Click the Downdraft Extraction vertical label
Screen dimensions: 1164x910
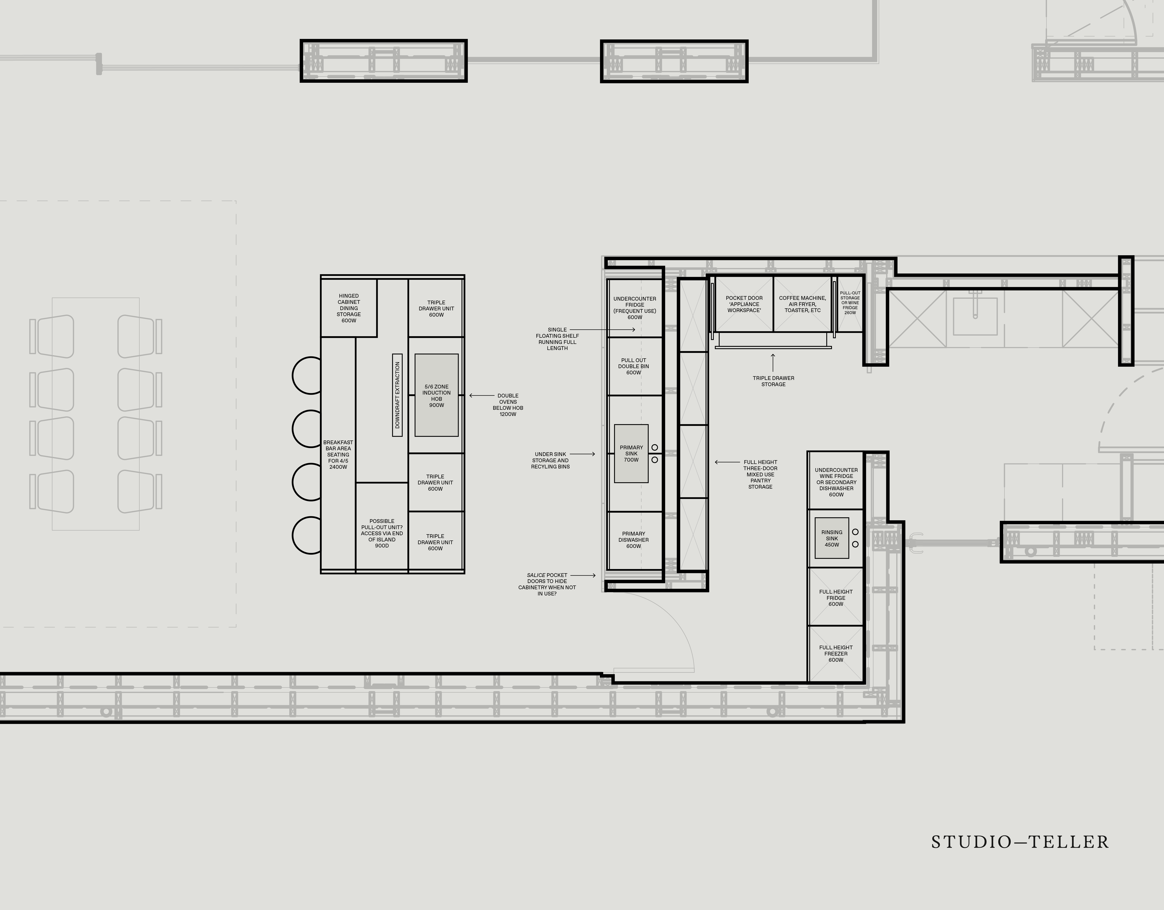[x=397, y=395]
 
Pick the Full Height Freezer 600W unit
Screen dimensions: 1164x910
[x=836, y=654]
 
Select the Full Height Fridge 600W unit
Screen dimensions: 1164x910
[x=836, y=597]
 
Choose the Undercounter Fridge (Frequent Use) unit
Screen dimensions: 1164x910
[x=634, y=308]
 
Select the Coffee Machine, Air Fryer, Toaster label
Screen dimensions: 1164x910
[x=802, y=304]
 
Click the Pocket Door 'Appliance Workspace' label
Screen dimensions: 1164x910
[x=744, y=304]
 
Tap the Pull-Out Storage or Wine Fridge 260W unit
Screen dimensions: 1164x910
[x=850, y=304]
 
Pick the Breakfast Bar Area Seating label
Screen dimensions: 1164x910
[x=338, y=455]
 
